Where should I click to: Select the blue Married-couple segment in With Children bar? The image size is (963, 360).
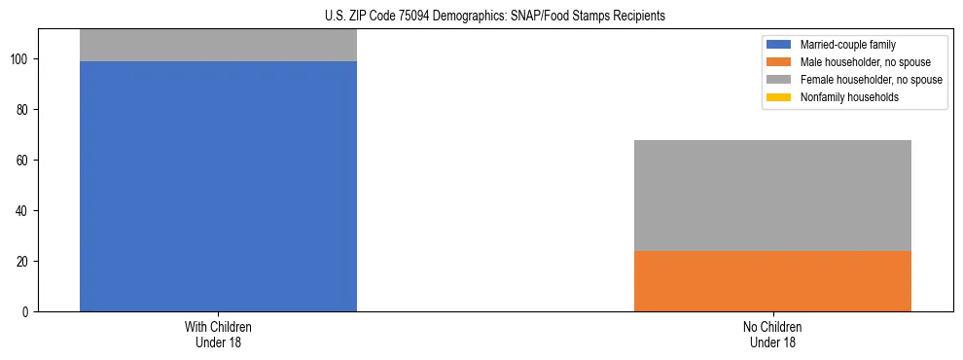point(218,186)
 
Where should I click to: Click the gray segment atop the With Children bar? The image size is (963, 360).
point(218,46)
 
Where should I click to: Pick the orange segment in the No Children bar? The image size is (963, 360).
point(772,281)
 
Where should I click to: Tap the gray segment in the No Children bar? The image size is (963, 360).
point(772,196)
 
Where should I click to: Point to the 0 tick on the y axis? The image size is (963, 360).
point(27,312)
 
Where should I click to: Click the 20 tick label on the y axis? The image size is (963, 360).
point(24,262)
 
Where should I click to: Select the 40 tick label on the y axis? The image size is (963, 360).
point(24,211)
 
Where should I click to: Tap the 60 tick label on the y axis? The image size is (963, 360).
point(24,161)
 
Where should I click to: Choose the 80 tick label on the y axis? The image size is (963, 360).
point(24,110)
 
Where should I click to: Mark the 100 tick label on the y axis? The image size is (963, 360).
point(21,59)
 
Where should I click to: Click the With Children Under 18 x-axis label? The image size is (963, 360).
point(218,335)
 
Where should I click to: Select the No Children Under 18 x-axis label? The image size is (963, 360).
point(772,335)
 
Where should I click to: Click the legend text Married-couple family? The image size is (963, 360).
point(847,45)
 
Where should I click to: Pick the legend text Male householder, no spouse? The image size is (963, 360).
point(865,62)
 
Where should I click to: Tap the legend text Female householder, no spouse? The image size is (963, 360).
point(871,80)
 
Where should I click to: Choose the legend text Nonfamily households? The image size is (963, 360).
point(849,97)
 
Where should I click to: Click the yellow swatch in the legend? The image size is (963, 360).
point(779,97)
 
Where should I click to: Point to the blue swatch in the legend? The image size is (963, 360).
point(779,45)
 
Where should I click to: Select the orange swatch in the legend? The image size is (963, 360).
point(779,62)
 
